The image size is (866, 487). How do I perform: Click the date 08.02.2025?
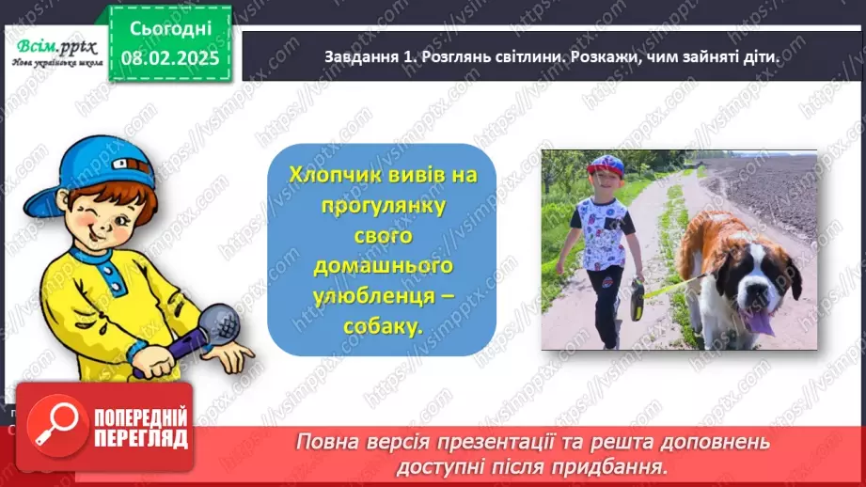pyautogui.click(x=170, y=58)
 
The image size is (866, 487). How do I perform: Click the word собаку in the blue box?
pyautogui.click(x=382, y=324)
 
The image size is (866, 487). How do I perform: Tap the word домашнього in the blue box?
pyautogui.click(x=382, y=266)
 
